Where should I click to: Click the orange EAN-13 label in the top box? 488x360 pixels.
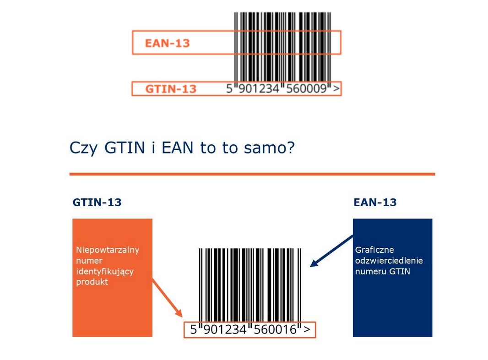tap(167, 43)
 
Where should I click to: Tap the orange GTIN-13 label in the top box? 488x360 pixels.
tap(171, 89)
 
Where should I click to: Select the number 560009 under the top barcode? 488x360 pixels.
tap(306, 89)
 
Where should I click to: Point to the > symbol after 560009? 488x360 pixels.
tap(336, 89)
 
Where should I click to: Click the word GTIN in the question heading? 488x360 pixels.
tap(125, 147)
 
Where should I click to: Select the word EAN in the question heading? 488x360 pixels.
tap(178, 147)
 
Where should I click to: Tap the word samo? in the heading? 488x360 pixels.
tap(269, 148)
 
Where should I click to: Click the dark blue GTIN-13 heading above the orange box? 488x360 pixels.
tap(97, 202)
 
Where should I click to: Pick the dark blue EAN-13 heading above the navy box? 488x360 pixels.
tap(375, 202)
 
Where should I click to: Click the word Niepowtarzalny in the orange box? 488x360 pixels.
tap(108, 250)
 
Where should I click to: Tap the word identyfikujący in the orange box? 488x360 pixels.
tap(105, 272)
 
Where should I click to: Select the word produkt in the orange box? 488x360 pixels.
tap(92, 282)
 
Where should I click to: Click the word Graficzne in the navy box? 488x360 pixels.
tap(374, 250)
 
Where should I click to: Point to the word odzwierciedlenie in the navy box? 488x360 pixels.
tap(389, 260)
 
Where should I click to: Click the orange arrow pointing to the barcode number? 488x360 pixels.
tap(167, 298)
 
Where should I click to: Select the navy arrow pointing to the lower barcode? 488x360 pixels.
tap(331, 251)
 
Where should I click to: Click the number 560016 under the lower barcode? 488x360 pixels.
tap(275, 329)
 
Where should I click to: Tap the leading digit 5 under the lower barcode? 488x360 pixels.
tap(194, 329)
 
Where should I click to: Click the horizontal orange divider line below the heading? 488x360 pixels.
tap(252, 174)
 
